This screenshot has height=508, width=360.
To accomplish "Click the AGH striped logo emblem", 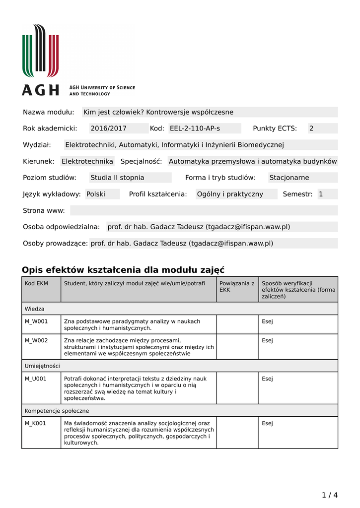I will [x=40, y=51].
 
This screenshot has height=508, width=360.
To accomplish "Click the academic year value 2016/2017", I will [x=108, y=128].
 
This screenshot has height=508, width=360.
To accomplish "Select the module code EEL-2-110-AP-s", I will [x=195, y=128].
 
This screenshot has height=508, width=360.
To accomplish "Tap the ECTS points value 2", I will [x=311, y=128].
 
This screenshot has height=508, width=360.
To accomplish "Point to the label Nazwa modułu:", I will [x=48, y=112].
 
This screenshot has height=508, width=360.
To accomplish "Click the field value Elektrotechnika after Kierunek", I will [x=87, y=161].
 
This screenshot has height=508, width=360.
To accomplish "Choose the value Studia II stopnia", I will [x=117, y=178].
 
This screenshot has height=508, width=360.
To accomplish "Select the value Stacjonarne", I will [x=289, y=178].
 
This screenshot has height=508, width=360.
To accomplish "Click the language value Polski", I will [x=96, y=194].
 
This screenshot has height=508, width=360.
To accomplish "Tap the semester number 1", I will [x=321, y=194].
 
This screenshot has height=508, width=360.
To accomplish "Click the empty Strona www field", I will [x=204, y=210].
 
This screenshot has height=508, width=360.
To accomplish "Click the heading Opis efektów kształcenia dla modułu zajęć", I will [x=123, y=270].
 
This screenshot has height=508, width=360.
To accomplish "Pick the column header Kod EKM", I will [x=36, y=283].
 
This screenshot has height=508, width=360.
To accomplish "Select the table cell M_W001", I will [x=36, y=321].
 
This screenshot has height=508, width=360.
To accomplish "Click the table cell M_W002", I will [x=36, y=340].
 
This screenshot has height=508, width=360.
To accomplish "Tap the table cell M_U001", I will [x=36, y=379].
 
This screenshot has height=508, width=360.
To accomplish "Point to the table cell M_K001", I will [x=36, y=423].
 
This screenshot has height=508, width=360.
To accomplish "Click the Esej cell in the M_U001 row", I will [x=267, y=379].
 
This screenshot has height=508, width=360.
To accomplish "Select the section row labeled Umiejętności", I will [x=42, y=366].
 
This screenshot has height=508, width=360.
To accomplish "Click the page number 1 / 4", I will [x=329, y=495].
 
